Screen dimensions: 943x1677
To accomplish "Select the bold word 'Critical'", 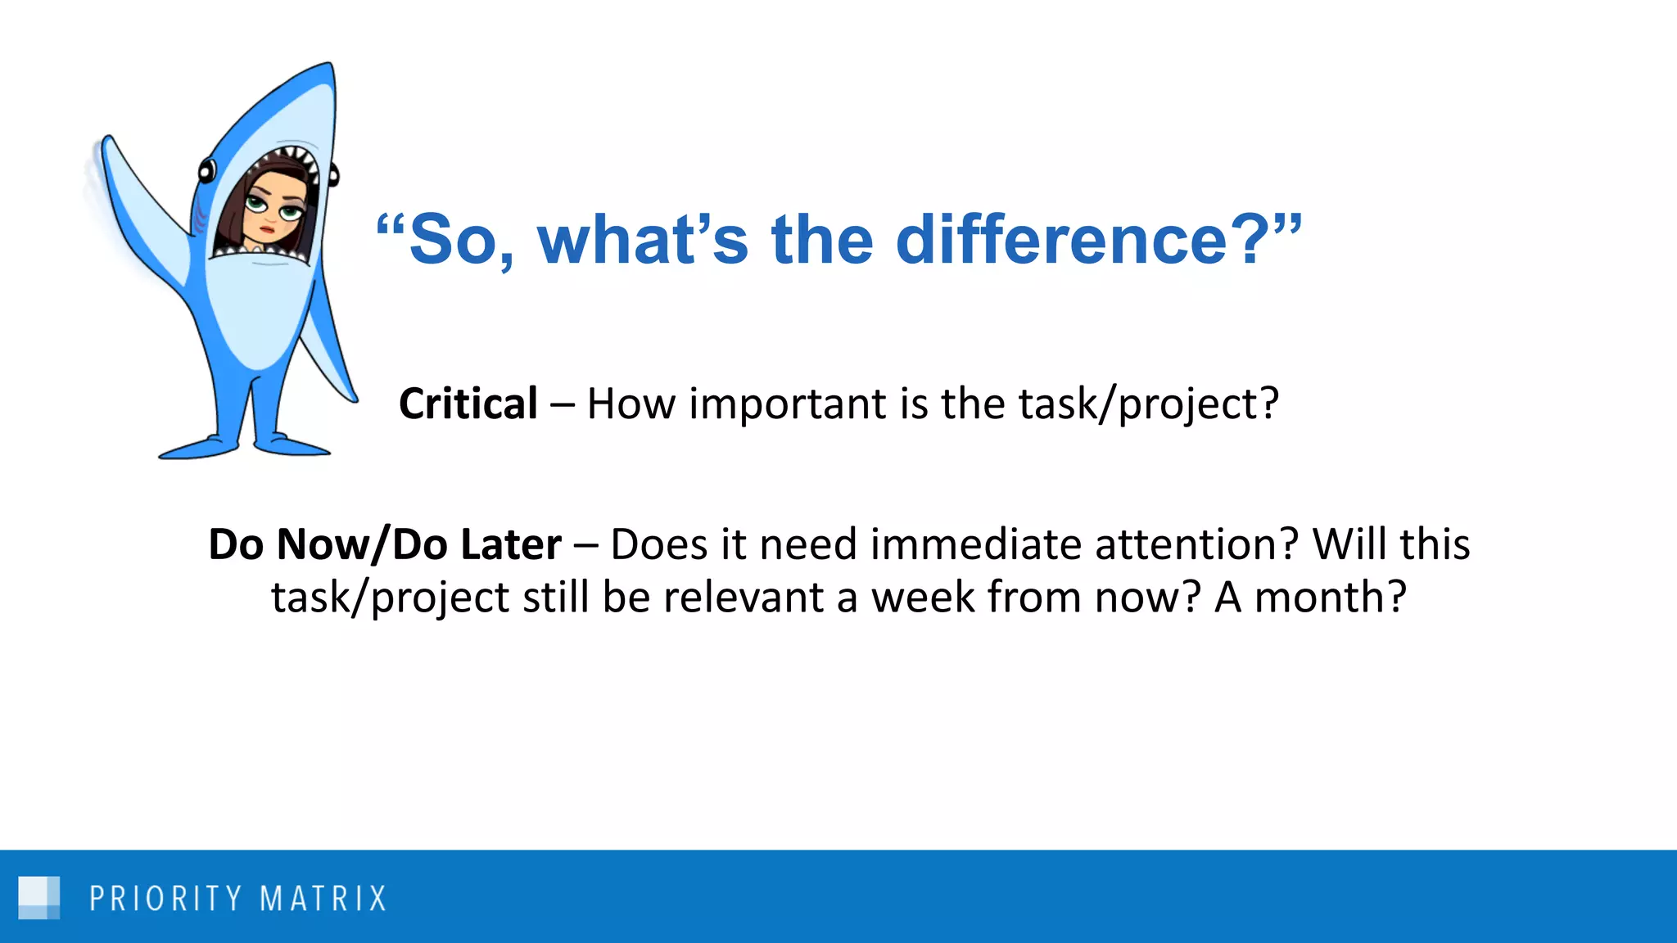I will click(x=468, y=404).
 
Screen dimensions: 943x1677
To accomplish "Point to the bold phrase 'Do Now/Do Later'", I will click(x=385, y=544).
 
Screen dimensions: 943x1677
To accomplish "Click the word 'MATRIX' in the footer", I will click(x=323, y=899).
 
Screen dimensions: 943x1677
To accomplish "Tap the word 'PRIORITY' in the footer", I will click(x=166, y=899).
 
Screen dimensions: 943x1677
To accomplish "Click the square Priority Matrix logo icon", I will click(x=38, y=898).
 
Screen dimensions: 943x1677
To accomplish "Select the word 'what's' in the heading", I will click(x=642, y=240).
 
